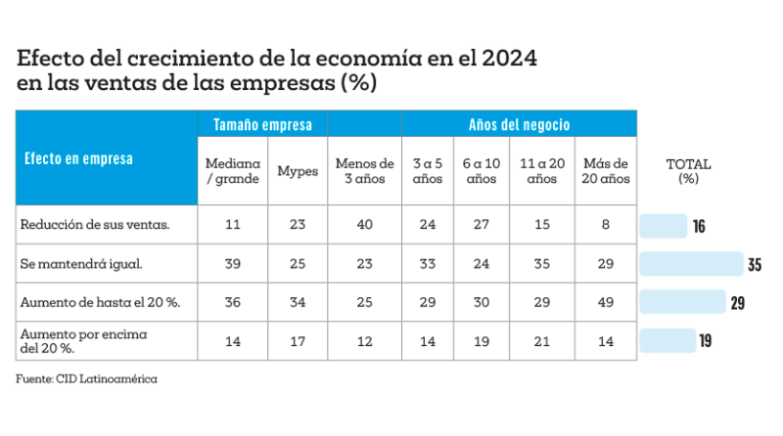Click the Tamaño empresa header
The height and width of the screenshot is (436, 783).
[263, 125]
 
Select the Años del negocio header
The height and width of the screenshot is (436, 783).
[519, 125]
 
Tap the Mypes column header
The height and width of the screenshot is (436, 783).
[297, 171]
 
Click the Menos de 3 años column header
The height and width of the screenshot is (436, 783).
[364, 171]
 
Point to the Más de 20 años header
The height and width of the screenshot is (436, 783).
[605, 171]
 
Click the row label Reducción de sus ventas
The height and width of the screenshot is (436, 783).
[95, 225]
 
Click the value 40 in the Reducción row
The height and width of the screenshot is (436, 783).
[364, 225]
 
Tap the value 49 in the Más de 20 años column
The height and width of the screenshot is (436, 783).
[605, 303]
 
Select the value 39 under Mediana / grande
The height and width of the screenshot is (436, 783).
[233, 264]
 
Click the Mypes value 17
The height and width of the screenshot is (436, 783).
[297, 341]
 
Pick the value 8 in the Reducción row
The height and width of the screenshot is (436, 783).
[605, 225]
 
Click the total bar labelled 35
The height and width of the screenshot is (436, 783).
[692, 264]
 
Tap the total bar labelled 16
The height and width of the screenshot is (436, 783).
[664, 226]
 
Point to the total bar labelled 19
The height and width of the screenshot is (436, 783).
[668, 340]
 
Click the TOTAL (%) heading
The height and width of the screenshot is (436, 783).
[688, 171]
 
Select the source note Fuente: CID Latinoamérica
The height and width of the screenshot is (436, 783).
[86, 378]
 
